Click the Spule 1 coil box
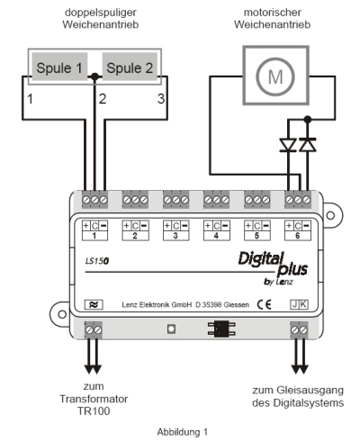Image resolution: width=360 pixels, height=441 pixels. pyautogui.click(x=59, y=67)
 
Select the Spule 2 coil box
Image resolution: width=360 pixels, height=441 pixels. pyautogui.click(x=130, y=67)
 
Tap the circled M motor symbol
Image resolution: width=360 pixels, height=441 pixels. pyautogui.click(x=275, y=76)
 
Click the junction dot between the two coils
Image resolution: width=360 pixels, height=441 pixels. pyautogui.click(x=94, y=76)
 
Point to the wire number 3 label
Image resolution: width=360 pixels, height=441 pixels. pyautogui.click(x=161, y=99)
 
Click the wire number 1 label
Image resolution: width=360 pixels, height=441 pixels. pyautogui.click(x=30, y=99)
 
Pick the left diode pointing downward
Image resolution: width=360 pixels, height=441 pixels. pyautogui.click(x=288, y=145)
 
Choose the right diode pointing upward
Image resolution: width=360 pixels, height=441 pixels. pyautogui.click(x=308, y=145)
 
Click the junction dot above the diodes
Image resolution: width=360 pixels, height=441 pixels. pyautogui.click(x=308, y=120)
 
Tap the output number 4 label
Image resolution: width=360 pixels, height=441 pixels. pyautogui.click(x=216, y=236)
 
